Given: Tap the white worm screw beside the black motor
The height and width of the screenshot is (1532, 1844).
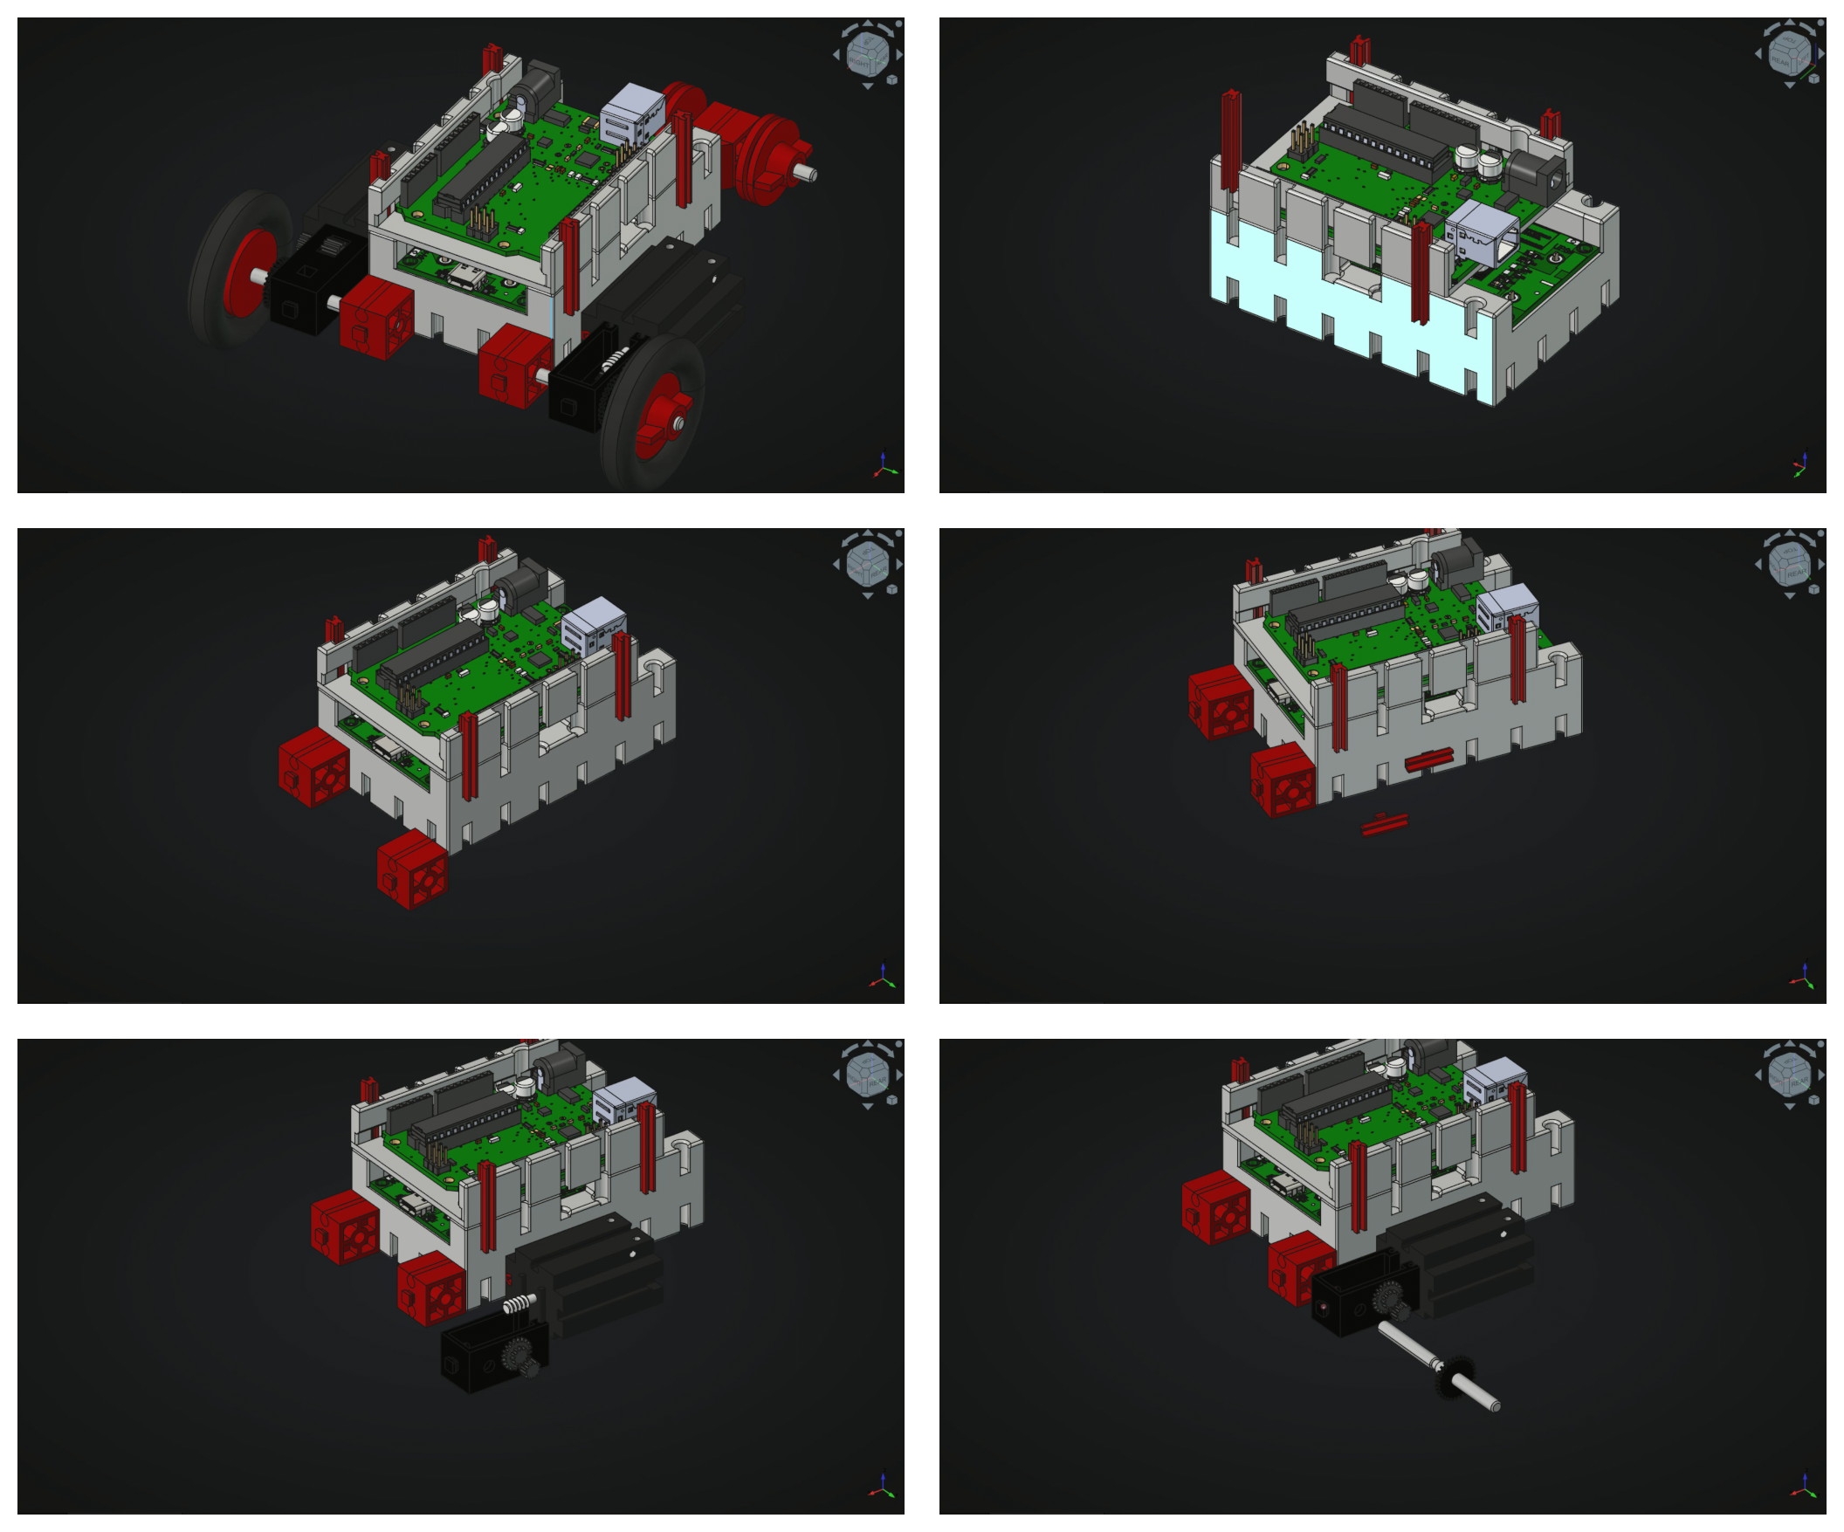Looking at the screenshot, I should (519, 1303).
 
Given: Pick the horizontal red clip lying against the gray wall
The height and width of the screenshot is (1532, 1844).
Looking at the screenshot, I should (1428, 759).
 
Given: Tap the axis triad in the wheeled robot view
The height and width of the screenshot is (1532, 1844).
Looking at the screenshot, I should (884, 466).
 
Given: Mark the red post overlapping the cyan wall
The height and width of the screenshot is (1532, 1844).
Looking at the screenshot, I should (1419, 272).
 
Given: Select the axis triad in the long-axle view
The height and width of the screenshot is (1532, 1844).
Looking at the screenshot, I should (1803, 1488).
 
